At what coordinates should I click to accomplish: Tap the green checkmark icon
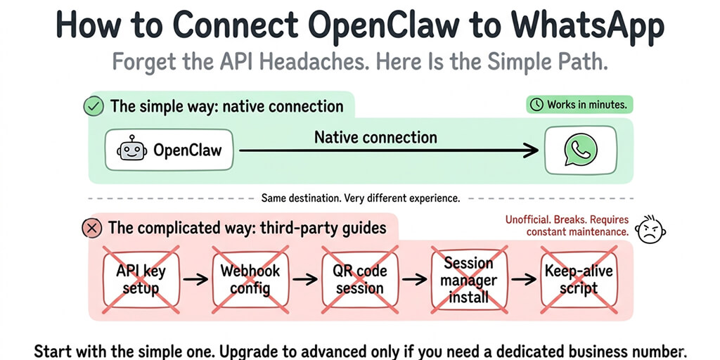tap(93, 107)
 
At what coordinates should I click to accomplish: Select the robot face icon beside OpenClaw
tap(133, 150)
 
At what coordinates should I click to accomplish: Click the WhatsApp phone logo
tap(580, 150)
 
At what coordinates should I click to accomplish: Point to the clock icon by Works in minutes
tap(536, 105)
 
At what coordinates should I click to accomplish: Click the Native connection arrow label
tap(375, 137)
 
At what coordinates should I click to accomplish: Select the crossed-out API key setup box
tap(141, 279)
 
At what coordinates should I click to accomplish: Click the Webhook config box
tap(250, 279)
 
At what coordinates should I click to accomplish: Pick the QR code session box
tap(359, 279)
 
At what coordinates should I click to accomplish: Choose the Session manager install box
tap(468, 279)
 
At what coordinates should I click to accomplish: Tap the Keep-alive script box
tap(578, 279)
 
